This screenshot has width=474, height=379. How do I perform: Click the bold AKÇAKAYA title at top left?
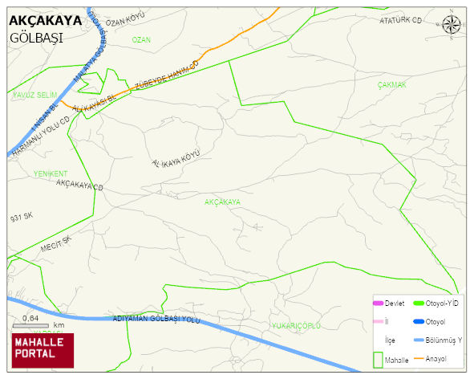pos(44,21)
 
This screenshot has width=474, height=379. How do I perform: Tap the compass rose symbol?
pos(452,25)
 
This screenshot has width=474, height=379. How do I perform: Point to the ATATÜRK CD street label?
pos(400,20)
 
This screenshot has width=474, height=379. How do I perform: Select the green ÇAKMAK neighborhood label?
pos(392,84)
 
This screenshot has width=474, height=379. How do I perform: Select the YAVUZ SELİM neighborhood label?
pos(35,95)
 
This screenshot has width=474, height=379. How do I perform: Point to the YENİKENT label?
pos(51,173)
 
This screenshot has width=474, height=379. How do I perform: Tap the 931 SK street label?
pos(22,217)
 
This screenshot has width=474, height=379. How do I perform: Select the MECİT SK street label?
pos(56,244)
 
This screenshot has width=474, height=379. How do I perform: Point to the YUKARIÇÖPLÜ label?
pos(296,325)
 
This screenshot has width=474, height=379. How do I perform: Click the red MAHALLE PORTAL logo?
pos(42,349)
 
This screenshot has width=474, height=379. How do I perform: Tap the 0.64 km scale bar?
pos(32,324)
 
